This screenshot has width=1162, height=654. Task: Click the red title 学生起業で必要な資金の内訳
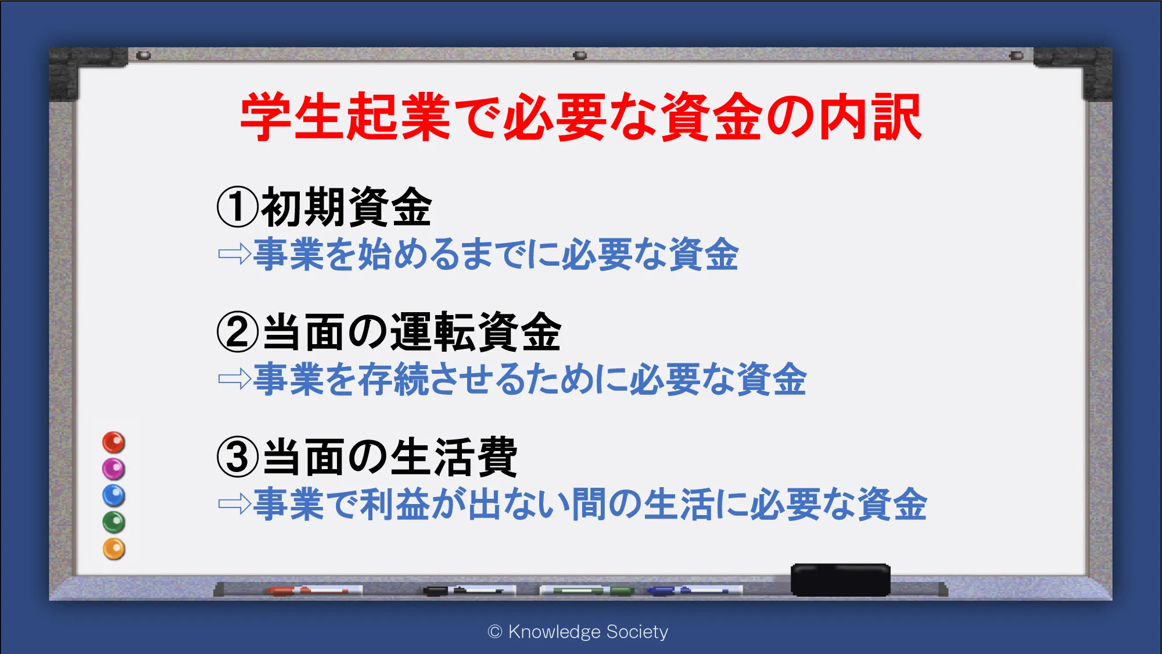(x=581, y=117)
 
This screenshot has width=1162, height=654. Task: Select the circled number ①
(x=237, y=208)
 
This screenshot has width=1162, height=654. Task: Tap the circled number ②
(x=237, y=332)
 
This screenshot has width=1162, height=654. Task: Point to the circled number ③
(x=237, y=457)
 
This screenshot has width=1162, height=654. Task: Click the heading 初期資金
(x=346, y=208)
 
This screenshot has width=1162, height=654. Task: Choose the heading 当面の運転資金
(x=412, y=332)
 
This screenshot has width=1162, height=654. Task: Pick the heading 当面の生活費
(x=390, y=457)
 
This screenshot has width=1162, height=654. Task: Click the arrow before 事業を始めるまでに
(x=235, y=254)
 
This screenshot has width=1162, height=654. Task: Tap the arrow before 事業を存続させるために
(x=235, y=379)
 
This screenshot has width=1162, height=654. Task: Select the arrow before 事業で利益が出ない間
(x=235, y=504)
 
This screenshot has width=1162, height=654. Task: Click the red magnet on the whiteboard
(x=114, y=442)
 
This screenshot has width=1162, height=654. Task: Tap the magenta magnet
(x=114, y=469)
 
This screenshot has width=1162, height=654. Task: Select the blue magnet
(x=114, y=495)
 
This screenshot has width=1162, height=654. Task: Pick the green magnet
(x=114, y=522)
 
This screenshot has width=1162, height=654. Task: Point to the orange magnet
(x=114, y=549)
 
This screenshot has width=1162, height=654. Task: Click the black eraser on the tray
(x=840, y=580)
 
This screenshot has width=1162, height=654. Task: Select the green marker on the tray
(x=587, y=591)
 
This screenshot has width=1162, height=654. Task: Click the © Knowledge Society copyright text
(x=578, y=632)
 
